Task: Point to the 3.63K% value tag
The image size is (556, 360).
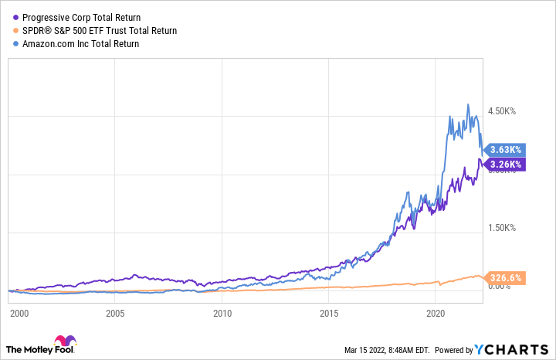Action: pos(506,149)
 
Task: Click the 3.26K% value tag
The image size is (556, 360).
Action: pos(506,164)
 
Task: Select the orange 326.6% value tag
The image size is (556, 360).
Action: pos(506,278)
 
